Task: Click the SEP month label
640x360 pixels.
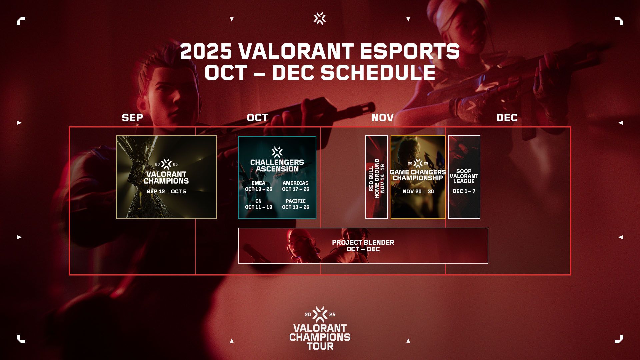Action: [132, 118]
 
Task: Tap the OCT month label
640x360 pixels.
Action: [257, 118]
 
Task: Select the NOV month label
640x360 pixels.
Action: [382, 118]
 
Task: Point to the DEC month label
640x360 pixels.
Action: [507, 118]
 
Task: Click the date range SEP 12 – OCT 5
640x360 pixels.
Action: [166, 192]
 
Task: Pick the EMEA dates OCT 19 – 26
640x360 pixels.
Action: [259, 189]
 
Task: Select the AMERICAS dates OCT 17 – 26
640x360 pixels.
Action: [296, 189]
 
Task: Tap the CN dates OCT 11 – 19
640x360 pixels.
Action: [259, 207]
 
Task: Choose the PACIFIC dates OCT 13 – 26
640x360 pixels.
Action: [296, 207]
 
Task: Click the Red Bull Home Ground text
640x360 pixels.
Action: [374, 178]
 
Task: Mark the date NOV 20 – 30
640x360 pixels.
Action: [418, 192]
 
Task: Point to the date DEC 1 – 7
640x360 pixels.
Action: [464, 191]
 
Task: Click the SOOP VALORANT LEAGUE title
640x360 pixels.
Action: [464, 176]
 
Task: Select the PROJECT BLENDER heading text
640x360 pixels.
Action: [363, 242]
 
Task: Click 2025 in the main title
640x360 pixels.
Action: [206, 51]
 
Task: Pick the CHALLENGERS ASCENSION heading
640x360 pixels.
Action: [277, 166]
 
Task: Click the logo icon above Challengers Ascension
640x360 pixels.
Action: [277, 152]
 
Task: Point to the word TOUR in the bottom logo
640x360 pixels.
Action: [320, 346]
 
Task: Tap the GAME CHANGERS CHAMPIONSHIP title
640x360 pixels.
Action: [418, 175]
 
